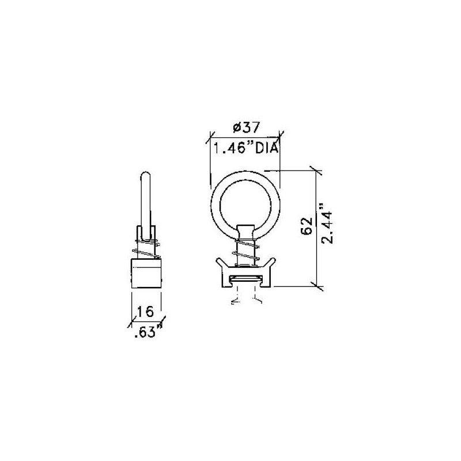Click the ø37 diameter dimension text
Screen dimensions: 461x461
pos(246,127)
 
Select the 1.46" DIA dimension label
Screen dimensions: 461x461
pos(245,148)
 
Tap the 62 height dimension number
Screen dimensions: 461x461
pos(307,226)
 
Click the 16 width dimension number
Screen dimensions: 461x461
pos(146,312)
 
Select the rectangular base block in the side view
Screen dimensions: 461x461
pos(146,273)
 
